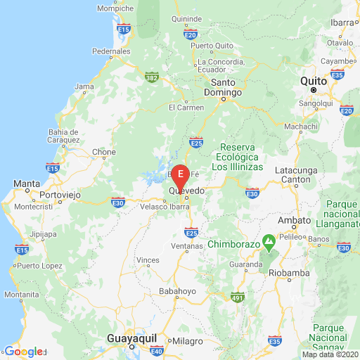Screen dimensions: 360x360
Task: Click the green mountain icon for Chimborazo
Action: (269, 243)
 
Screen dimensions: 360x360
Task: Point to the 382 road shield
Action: (150, 77)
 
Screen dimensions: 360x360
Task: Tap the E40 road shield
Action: (157, 351)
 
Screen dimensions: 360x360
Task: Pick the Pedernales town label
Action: (112, 51)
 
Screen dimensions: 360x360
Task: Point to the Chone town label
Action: (104, 151)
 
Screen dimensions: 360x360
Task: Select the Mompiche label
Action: (115, 9)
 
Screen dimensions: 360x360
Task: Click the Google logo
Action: (23, 352)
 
